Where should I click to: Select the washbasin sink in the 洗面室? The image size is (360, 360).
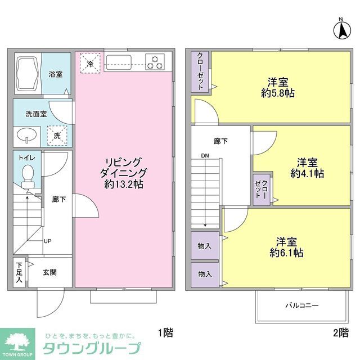26,135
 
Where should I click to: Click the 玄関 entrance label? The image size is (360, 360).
49,273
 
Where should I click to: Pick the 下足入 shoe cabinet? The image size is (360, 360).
19,272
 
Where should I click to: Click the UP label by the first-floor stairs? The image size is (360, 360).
48,241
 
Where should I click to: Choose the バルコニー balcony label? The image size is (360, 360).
302,305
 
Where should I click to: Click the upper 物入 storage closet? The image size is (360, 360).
205,246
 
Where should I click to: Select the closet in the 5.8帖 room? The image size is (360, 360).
201,71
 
